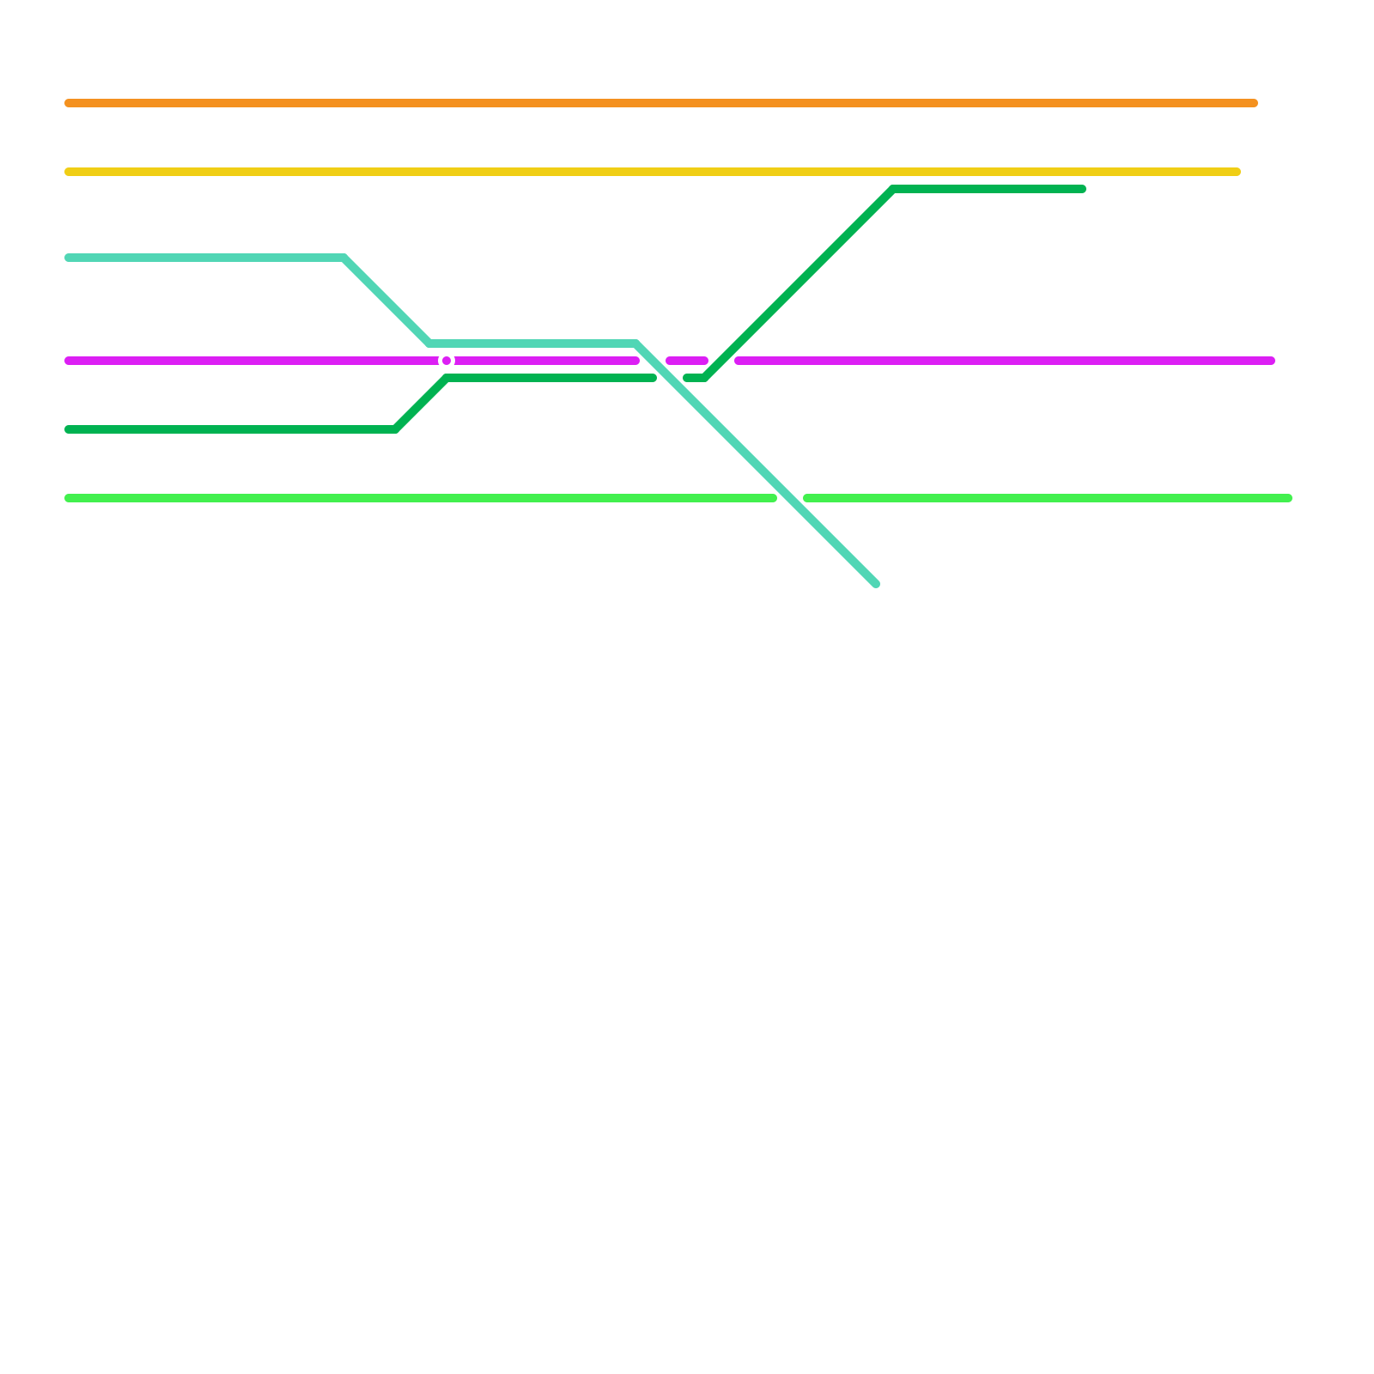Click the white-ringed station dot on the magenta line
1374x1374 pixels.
pyautogui.click(x=447, y=361)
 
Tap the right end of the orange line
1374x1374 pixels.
pyautogui.click(x=1255, y=103)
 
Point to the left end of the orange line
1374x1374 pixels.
pyautogui.click(x=69, y=103)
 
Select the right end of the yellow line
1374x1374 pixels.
pyautogui.click(x=1237, y=172)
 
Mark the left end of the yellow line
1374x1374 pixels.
pyautogui.click(x=69, y=172)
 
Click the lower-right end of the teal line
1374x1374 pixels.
pyautogui.click(x=876, y=584)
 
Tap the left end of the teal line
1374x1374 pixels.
pyautogui.click(x=69, y=258)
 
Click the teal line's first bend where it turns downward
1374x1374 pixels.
pyautogui.click(x=343, y=258)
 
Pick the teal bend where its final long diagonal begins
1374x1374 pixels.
pyautogui.click(x=635, y=343)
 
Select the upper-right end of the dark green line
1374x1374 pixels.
pyautogui.click(x=1083, y=189)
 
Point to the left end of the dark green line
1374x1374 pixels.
pyautogui.click(x=69, y=429)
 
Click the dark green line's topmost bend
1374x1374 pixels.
pyautogui.click(x=893, y=189)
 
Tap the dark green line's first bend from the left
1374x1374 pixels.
pyautogui.click(x=395, y=429)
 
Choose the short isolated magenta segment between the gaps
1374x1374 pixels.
pyautogui.click(x=687, y=361)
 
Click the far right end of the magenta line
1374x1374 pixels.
pyautogui.click(x=1272, y=361)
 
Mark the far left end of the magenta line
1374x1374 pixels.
pyautogui.click(x=69, y=361)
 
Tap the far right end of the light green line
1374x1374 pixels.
pyautogui.click(x=1289, y=498)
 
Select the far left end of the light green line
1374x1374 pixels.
pyautogui.click(x=69, y=498)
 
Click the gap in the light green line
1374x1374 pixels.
pyautogui.click(x=790, y=498)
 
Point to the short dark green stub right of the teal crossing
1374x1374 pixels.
pyautogui.click(x=694, y=378)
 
